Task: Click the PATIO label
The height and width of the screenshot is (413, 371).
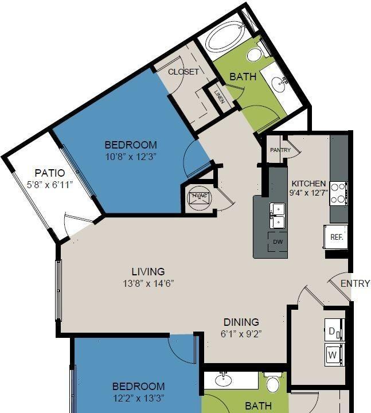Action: [50, 173]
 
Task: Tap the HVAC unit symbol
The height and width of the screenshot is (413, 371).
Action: [199, 198]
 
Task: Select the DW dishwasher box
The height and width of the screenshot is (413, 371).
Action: [278, 241]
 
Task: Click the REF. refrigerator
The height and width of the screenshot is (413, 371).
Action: [335, 236]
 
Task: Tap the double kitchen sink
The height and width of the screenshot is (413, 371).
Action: [278, 216]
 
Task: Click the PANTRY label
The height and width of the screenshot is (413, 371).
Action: [280, 150]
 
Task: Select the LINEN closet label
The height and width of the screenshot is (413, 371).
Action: [220, 97]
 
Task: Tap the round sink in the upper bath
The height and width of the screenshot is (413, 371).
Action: [279, 84]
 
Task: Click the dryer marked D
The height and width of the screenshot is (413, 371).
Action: [334, 330]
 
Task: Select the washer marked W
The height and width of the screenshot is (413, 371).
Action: [334, 354]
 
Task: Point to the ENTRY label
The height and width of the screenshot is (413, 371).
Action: [355, 283]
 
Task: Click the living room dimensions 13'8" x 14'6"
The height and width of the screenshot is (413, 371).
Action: [149, 284]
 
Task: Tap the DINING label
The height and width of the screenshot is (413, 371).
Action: [241, 322]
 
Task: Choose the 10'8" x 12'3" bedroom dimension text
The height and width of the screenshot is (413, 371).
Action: [131, 157]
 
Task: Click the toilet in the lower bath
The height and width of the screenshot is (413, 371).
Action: [273, 382]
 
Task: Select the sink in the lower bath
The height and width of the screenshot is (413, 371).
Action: [224, 380]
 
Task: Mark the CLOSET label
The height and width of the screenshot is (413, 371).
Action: [183, 72]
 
